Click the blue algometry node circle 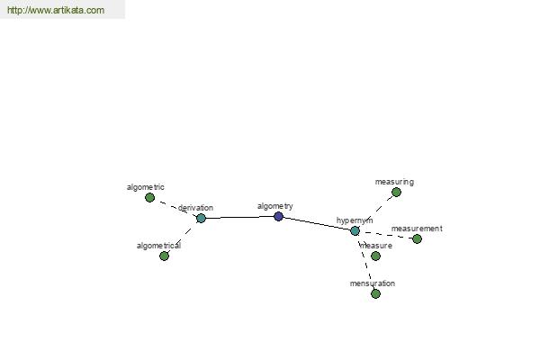[x=278, y=216]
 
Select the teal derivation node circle [x=201, y=218]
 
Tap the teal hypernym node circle [x=355, y=230]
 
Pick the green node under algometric [x=149, y=197]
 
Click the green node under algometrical [x=165, y=256]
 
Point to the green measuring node [x=396, y=193]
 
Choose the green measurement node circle [x=417, y=238]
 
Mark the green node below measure [x=375, y=256]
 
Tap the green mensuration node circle [x=375, y=294]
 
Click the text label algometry [x=275, y=206]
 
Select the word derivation [x=195, y=208]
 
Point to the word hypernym [x=355, y=220]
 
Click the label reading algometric [x=145, y=187]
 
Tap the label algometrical [x=158, y=246]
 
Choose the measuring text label [x=394, y=182]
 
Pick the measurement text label [x=417, y=229]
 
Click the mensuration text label [x=373, y=283]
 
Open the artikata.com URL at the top [x=56, y=10]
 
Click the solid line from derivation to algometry [x=239, y=217]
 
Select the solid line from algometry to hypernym [x=317, y=223]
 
